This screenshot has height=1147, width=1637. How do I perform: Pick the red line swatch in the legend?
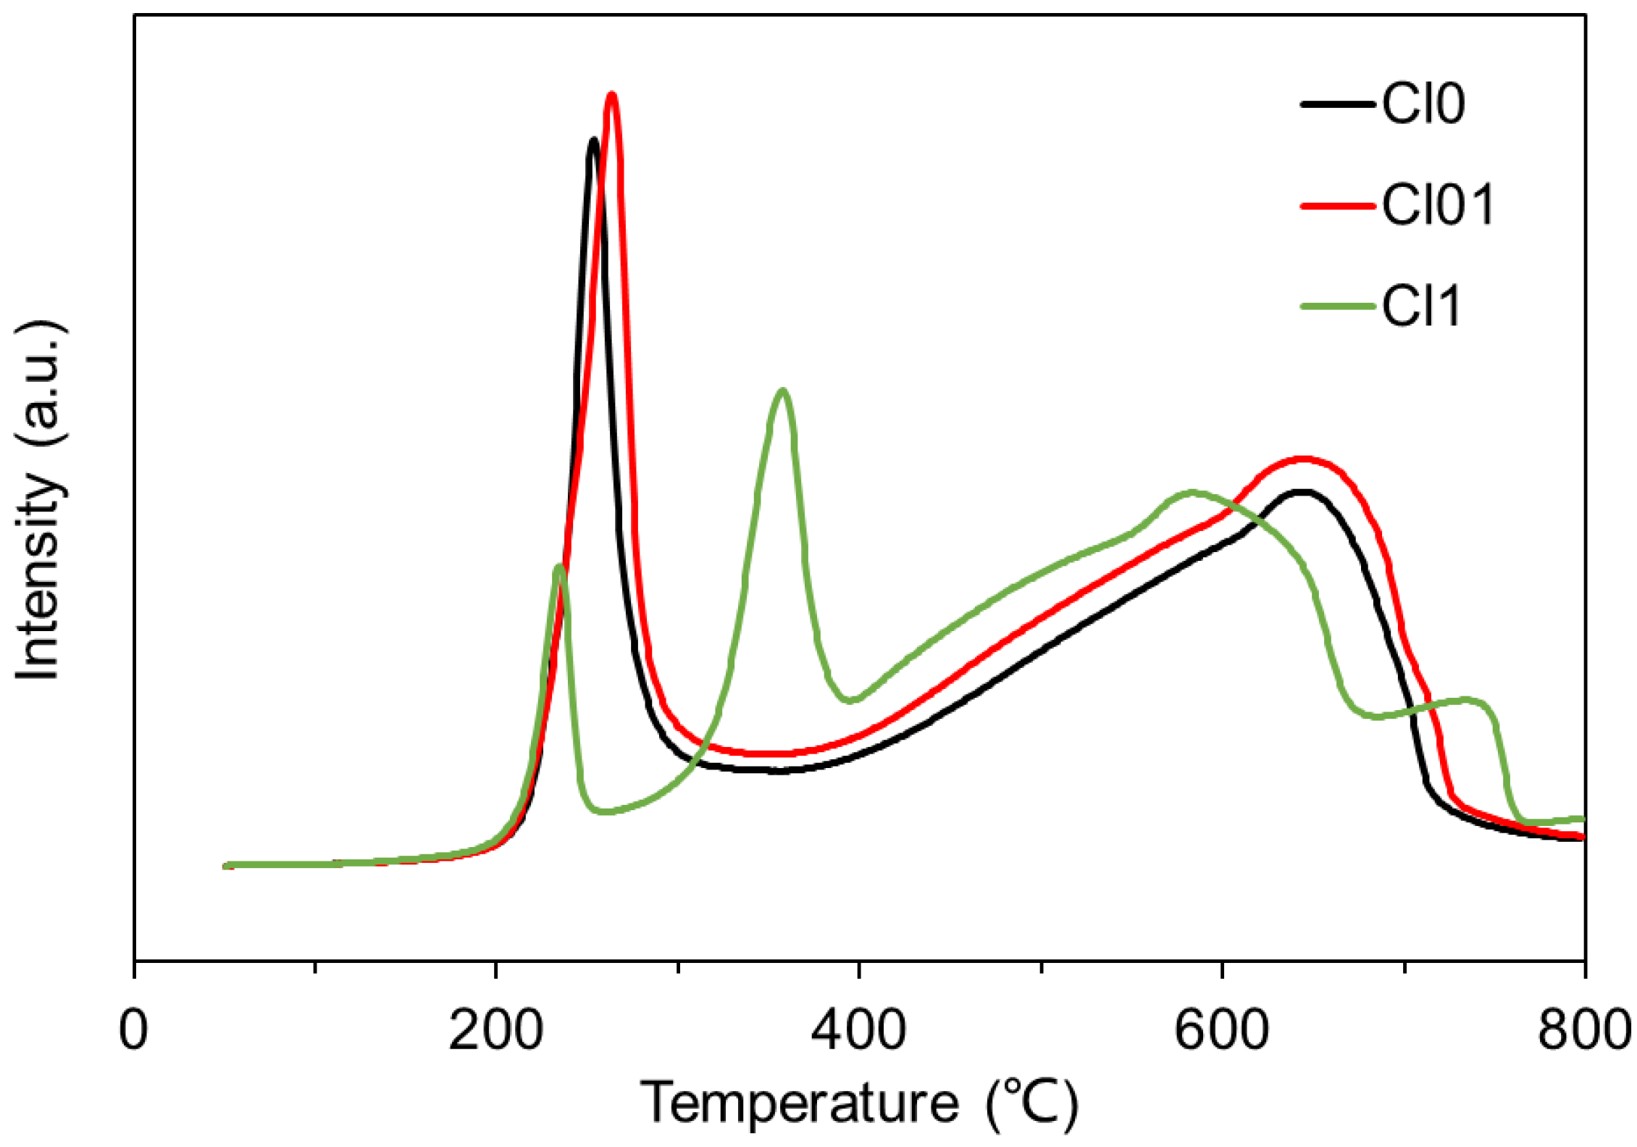coord(1337,206)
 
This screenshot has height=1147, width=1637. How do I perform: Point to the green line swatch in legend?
coord(1337,306)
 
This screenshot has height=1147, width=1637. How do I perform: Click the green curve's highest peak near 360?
coord(782,391)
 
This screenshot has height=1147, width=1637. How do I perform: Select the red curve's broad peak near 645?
coord(1302,459)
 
